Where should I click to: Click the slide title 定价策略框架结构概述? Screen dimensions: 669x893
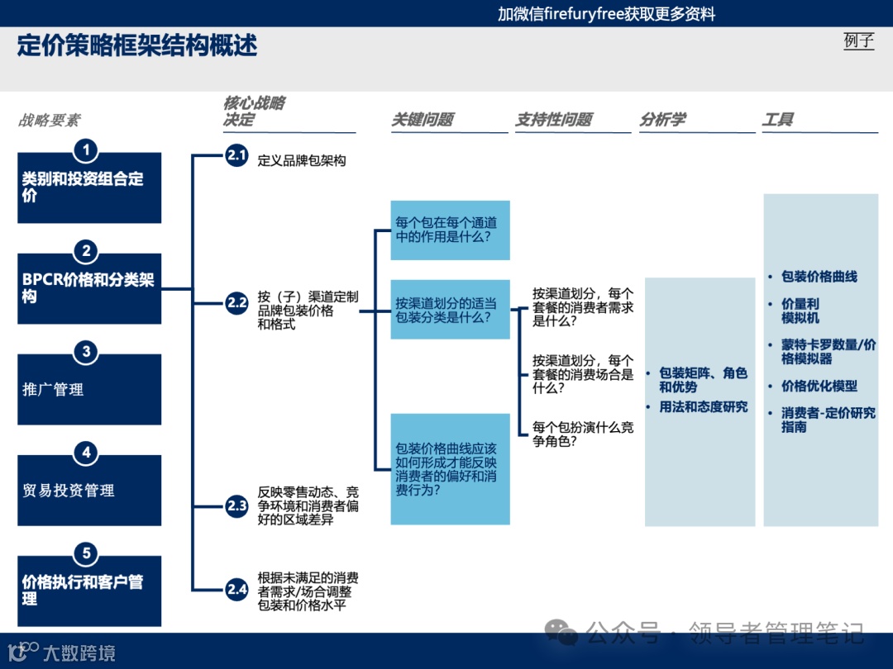click(x=137, y=45)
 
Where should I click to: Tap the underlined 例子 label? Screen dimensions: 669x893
click(x=858, y=40)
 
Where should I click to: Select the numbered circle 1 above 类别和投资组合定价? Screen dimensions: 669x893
click(x=86, y=150)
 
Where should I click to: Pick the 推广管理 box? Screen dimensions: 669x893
click(x=89, y=390)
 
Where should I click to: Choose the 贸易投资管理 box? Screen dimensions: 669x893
click(x=89, y=491)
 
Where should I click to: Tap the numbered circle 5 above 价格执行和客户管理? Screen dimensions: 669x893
click(x=86, y=553)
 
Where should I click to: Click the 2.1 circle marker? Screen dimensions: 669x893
click(x=237, y=155)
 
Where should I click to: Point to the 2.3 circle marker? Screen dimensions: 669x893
click(x=237, y=505)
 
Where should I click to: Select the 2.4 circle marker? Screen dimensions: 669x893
click(x=237, y=589)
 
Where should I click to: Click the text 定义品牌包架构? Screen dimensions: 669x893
click(x=302, y=161)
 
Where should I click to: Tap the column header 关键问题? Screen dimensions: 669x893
click(x=423, y=120)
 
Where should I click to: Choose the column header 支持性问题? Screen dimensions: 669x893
click(x=554, y=120)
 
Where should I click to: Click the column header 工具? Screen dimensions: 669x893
click(x=778, y=120)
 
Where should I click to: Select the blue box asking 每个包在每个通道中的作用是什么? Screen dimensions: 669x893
click(x=450, y=230)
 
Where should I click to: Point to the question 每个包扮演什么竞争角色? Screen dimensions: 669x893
click(x=583, y=434)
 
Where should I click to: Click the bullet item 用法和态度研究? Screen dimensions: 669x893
click(x=703, y=407)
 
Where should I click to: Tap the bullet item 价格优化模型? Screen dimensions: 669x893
click(x=819, y=386)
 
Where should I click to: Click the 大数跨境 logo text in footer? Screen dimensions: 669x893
click(x=79, y=653)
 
